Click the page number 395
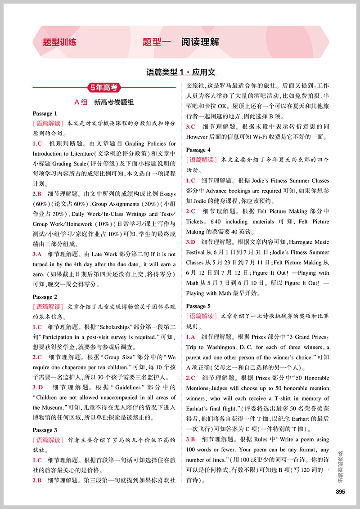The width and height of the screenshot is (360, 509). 340,491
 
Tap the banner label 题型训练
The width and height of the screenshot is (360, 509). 59,42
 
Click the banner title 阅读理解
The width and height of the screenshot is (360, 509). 200,42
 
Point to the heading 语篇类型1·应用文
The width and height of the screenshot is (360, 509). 181,71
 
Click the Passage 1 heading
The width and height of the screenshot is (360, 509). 45,113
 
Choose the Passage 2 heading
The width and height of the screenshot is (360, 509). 45,297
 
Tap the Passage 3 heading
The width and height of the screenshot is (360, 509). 45,430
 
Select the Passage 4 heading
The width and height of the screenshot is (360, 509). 198,150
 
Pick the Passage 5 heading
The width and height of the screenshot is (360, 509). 198,306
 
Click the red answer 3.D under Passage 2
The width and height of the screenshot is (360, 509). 39,387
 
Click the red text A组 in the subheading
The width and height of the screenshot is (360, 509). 81,102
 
